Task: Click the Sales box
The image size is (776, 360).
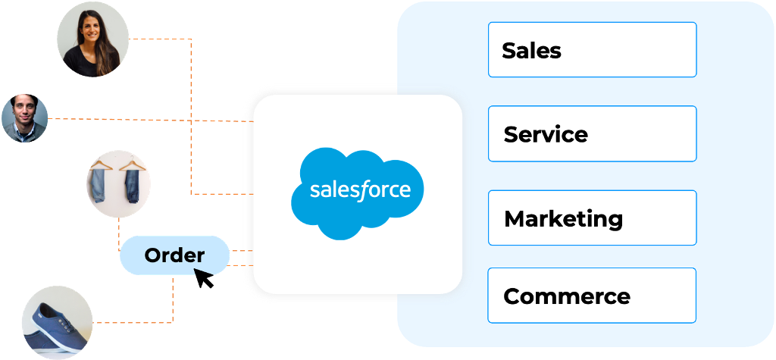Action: click(x=592, y=50)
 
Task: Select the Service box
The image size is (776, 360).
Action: click(x=592, y=134)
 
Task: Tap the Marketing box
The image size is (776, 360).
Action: click(x=592, y=218)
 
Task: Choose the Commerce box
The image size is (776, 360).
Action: click(x=592, y=296)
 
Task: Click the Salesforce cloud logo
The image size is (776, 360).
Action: click(x=358, y=191)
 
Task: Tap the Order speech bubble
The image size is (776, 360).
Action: click(x=174, y=255)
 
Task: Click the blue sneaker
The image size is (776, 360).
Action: click(x=56, y=323)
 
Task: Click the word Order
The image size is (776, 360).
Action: click(x=174, y=255)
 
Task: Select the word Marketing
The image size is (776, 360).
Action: click(x=563, y=219)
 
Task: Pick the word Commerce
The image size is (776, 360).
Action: click(x=566, y=296)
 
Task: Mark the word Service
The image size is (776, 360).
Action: click(x=546, y=135)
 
